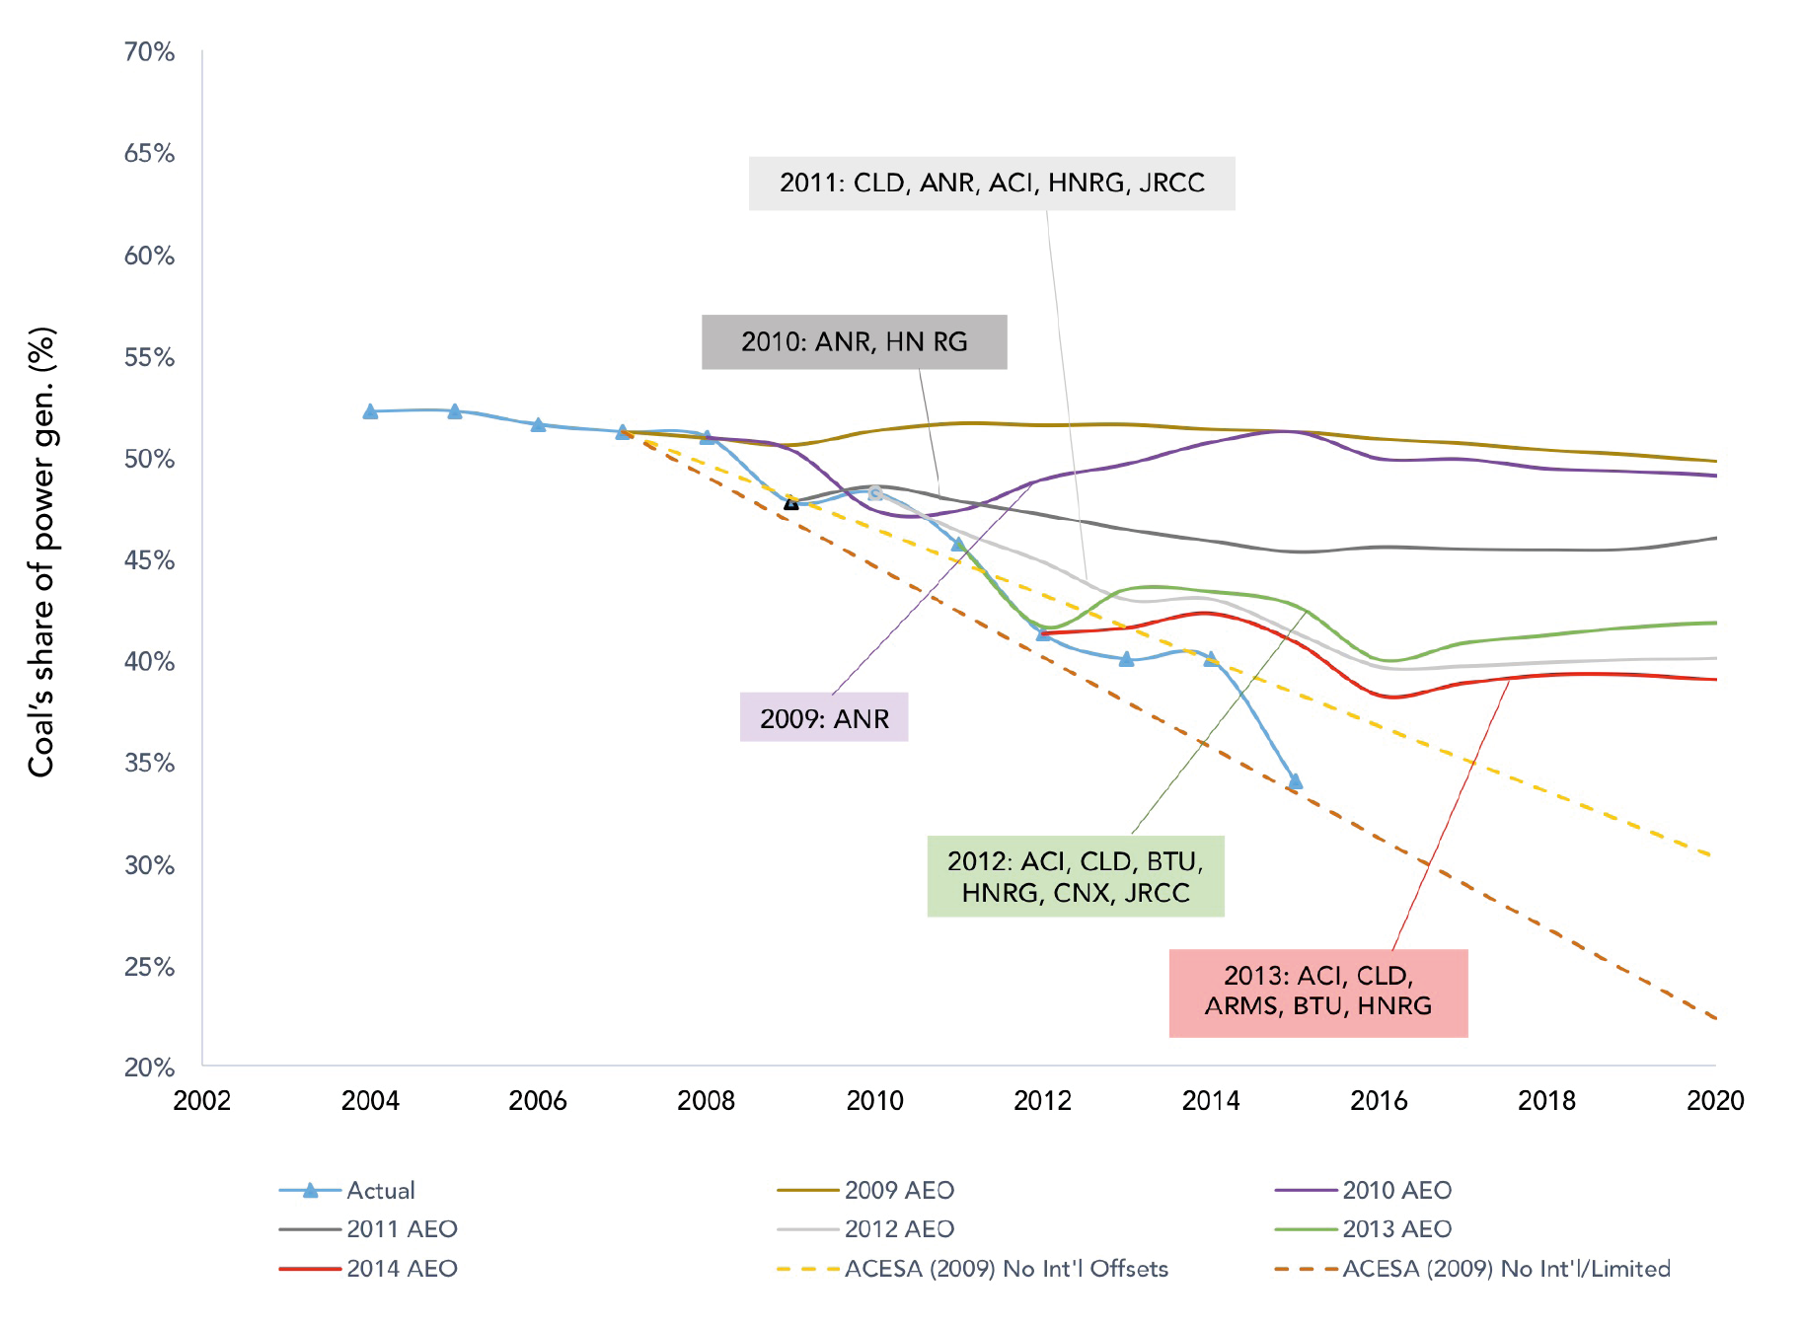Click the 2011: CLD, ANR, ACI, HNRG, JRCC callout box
(991, 184)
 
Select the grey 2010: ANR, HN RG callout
(854, 342)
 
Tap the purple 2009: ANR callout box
(824, 717)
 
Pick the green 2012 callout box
(1075, 876)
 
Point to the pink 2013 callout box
(1317, 992)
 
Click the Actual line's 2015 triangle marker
(1295, 781)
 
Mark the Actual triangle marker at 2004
(370, 411)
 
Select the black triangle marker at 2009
(790, 502)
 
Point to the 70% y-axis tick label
(149, 51)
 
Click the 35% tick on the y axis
(149, 763)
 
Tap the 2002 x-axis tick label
(201, 1100)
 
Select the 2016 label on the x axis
(1379, 1100)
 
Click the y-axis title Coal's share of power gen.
(41, 553)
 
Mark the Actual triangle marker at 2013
(1126, 659)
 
